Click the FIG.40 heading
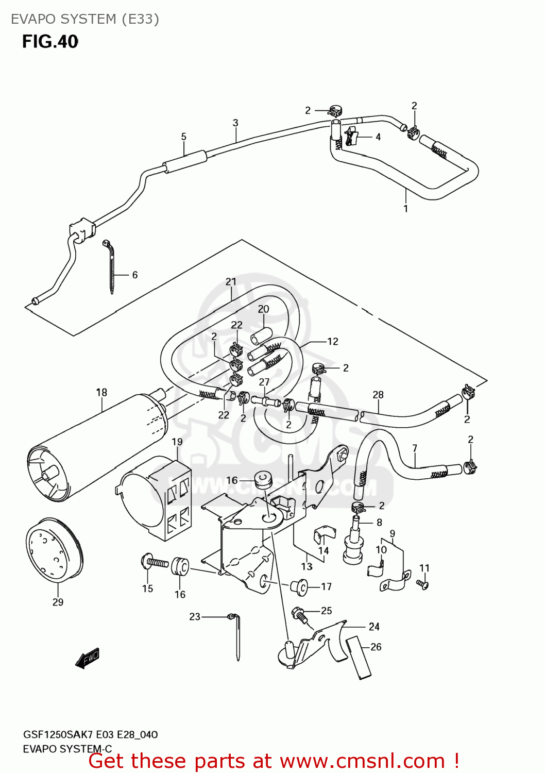(50, 42)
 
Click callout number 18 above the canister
(101, 392)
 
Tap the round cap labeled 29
(54, 551)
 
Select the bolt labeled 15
(154, 562)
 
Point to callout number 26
(376, 647)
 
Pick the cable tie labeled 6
(111, 265)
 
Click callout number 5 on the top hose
(184, 137)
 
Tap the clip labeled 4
(351, 137)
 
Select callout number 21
(231, 282)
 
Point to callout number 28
(378, 395)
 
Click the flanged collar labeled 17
(299, 586)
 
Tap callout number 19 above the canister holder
(177, 442)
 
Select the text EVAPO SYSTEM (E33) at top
(85, 19)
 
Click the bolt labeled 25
(300, 614)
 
